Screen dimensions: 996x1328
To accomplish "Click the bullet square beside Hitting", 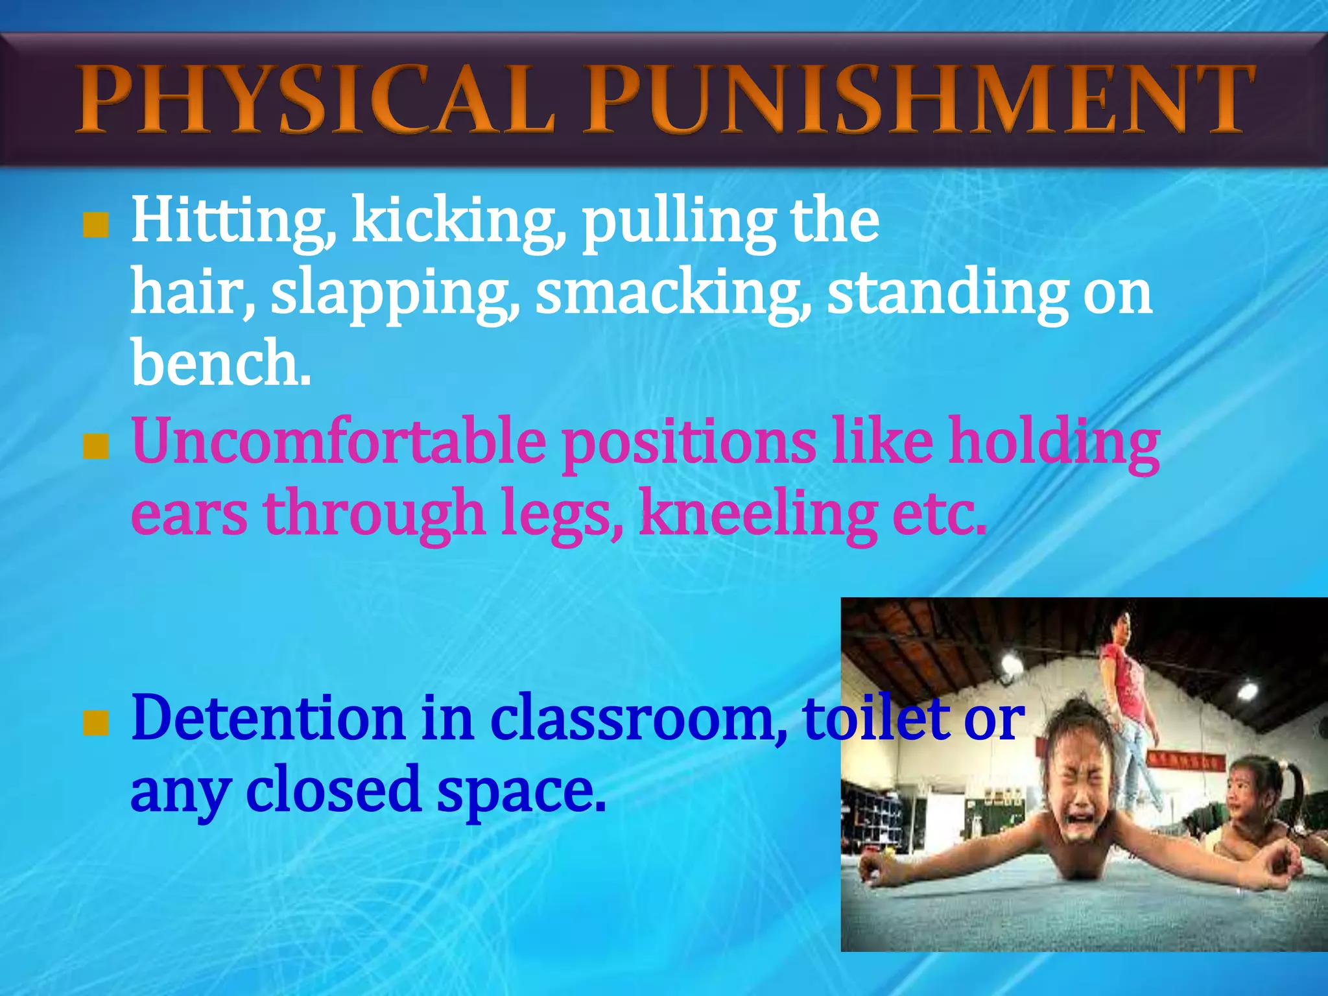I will tap(95, 226).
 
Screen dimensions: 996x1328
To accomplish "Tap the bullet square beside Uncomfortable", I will tap(95, 446).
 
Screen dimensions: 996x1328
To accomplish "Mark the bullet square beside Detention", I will tap(95, 722).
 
